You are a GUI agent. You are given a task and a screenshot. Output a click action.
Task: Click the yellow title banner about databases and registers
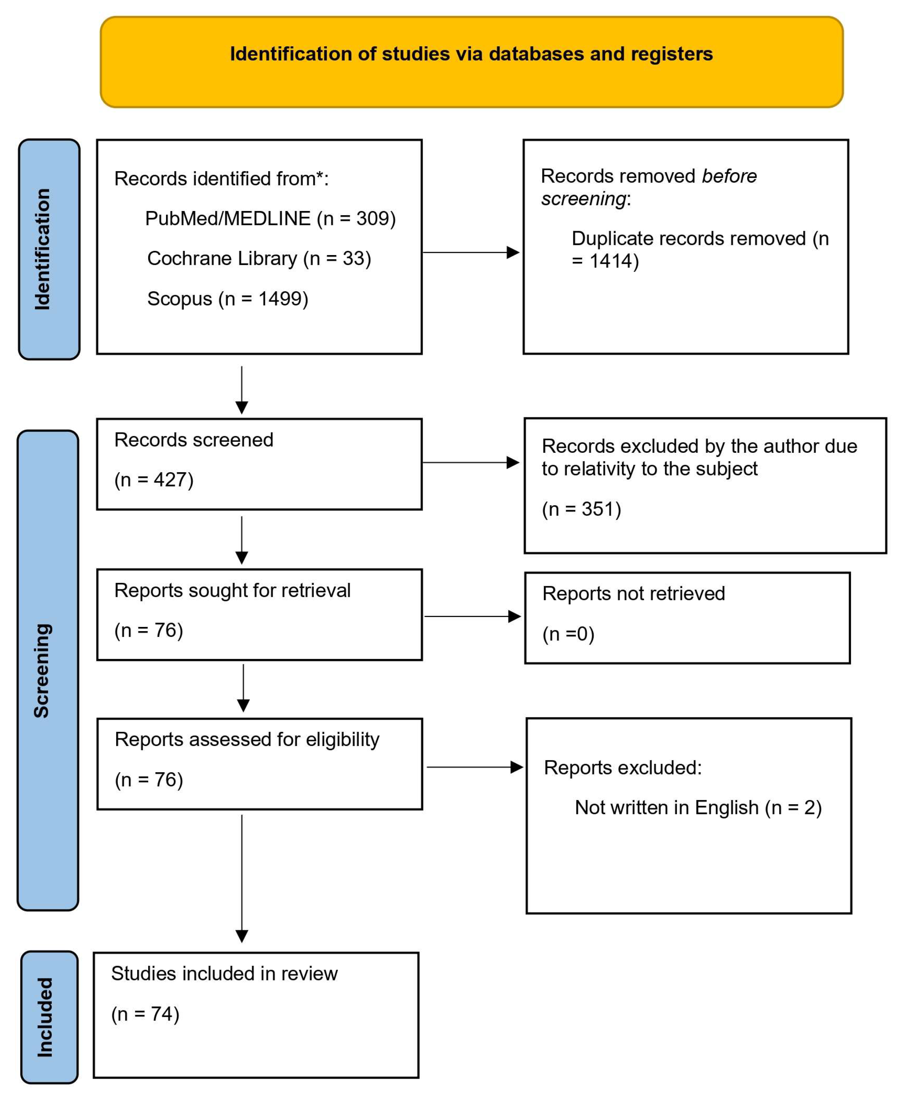(x=471, y=61)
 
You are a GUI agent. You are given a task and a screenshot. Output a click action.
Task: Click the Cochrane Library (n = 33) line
(x=259, y=258)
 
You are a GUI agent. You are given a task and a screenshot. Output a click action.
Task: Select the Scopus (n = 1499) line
(x=228, y=298)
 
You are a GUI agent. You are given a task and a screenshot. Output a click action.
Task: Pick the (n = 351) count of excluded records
(x=581, y=509)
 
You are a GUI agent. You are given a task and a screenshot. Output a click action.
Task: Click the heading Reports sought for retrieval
(x=232, y=590)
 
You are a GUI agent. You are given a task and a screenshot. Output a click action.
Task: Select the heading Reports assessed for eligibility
(x=247, y=739)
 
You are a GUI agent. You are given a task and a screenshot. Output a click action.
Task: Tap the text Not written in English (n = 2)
(x=698, y=807)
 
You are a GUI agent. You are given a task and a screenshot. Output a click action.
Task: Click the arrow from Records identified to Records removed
(x=470, y=252)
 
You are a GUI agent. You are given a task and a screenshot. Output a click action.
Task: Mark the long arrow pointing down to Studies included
(x=242, y=878)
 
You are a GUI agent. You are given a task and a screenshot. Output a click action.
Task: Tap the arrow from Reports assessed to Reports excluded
(x=474, y=767)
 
